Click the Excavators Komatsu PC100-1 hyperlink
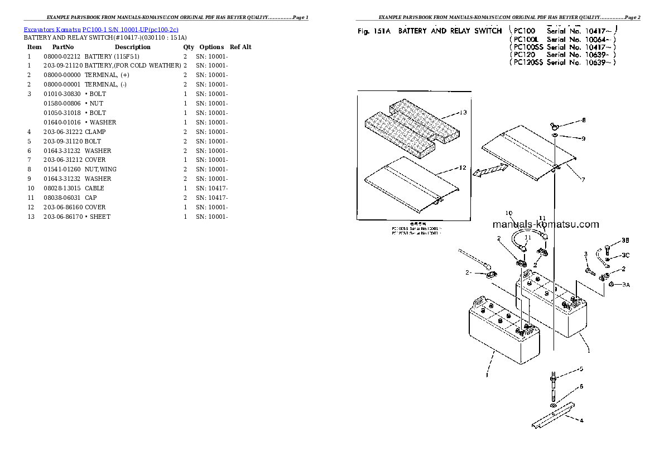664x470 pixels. (101, 29)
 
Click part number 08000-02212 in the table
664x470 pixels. (62, 56)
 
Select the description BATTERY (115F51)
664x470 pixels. (112, 56)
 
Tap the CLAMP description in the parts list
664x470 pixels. (95, 132)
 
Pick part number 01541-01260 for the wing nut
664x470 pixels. (62, 169)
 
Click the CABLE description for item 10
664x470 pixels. (94, 188)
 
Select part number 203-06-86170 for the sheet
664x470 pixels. (62, 217)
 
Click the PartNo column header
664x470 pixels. (62, 47)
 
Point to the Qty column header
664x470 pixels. (189, 47)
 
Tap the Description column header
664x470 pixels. (132, 47)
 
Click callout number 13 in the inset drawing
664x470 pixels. (463, 113)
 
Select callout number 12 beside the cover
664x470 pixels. (462, 167)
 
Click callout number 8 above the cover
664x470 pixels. (584, 120)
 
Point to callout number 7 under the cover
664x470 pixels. (583, 180)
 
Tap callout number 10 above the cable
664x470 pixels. (508, 213)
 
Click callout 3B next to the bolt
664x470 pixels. (625, 241)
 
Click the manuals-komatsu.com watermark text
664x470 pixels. (546, 224)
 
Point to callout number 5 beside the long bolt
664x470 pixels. (581, 369)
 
